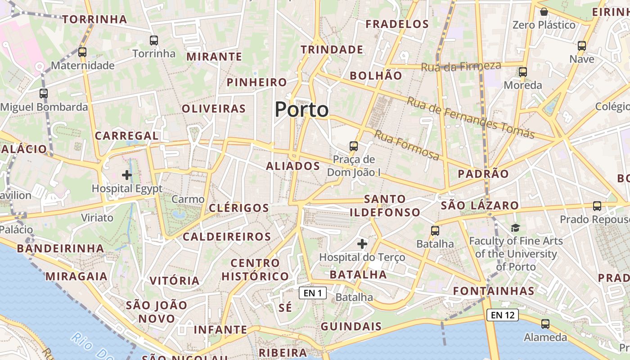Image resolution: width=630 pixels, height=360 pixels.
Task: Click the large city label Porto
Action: [x=301, y=110]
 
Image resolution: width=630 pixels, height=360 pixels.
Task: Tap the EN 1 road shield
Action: [x=313, y=293]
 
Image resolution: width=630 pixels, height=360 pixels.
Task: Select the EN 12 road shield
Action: [x=503, y=315]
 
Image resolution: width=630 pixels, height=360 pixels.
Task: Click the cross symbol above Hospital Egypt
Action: [x=127, y=175]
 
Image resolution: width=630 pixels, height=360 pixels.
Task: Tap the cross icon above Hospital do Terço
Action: [x=362, y=244]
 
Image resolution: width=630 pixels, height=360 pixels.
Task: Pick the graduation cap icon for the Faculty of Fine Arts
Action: [x=515, y=228]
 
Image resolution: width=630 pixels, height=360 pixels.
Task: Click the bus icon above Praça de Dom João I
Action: [x=354, y=146]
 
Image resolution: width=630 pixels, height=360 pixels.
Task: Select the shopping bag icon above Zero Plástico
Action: [x=544, y=12]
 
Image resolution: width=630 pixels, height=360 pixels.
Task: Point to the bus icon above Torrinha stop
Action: [x=154, y=40]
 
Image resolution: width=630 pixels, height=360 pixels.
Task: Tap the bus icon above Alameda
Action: [x=545, y=324]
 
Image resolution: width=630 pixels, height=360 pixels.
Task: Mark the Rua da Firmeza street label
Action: [x=461, y=67]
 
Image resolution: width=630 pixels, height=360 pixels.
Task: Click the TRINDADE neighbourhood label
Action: [x=332, y=49]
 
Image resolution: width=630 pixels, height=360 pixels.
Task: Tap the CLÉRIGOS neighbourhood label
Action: [x=239, y=208]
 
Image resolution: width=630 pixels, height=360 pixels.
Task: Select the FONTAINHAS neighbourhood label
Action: [x=494, y=291]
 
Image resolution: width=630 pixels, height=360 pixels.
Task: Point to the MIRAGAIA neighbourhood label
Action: [x=77, y=276]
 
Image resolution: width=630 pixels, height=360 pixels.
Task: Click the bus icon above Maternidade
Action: [x=82, y=52]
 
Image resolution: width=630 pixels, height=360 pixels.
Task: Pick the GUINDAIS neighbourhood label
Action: [x=351, y=327]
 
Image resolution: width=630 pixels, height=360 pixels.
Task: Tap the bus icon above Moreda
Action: [x=522, y=72]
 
